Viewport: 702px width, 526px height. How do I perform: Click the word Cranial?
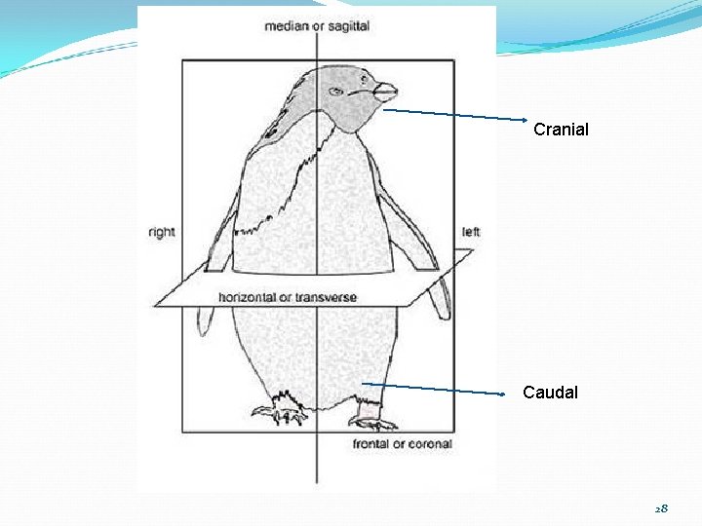click(x=561, y=129)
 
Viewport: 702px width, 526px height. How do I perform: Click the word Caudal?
click(x=550, y=393)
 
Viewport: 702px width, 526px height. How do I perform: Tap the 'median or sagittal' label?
click(x=317, y=26)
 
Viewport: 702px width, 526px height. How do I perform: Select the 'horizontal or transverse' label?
click(x=288, y=297)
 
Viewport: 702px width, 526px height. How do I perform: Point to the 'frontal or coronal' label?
click(x=403, y=444)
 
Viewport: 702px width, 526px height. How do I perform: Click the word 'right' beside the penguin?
click(x=162, y=232)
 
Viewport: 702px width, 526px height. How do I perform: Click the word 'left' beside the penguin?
click(x=471, y=232)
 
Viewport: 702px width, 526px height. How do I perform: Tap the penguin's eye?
click(x=336, y=92)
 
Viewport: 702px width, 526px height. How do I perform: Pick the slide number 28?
click(x=661, y=509)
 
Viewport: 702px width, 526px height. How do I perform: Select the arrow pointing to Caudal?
click(x=434, y=389)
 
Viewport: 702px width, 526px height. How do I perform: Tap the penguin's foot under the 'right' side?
click(x=281, y=410)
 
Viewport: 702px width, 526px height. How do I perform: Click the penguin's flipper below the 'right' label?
click(x=206, y=317)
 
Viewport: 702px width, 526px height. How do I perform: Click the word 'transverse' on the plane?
click(x=326, y=297)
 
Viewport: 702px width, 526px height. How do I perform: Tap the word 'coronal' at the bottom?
click(x=429, y=444)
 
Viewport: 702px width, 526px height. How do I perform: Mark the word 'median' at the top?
click(x=284, y=26)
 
